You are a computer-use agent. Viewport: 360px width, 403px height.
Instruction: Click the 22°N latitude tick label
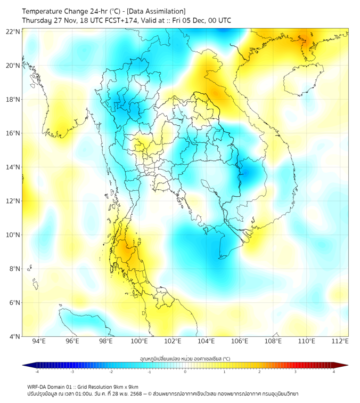point(13,32)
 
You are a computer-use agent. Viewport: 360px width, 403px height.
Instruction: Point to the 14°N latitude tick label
point(13,167)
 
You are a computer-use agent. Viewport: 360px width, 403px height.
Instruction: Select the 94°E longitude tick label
point(39,341)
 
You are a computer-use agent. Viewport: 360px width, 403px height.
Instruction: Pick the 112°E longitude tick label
point(340,341)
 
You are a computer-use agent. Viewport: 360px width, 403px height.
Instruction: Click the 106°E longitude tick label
point(240,341)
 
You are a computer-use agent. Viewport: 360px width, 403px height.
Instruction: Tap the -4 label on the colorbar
point(37,372)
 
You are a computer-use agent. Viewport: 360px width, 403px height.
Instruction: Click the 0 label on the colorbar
point(185,372)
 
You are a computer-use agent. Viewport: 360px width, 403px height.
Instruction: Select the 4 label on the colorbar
point(333,372)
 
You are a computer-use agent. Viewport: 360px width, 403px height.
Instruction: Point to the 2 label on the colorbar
point(259,372)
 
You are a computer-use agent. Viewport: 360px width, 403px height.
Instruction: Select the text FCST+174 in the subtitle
point(128,20)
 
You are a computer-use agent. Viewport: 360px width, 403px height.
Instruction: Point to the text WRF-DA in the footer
point(38,386)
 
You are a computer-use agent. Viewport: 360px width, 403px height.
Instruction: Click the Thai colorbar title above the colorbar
point(185,358)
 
